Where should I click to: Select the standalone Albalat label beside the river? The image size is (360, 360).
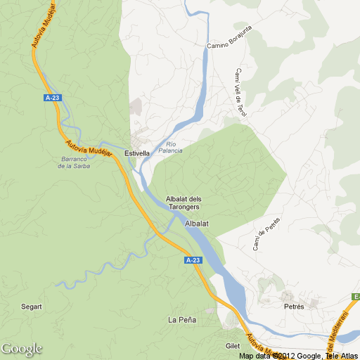(198, 224)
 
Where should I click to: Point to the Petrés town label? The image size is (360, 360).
(294, 307)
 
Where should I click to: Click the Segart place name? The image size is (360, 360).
(32, 307)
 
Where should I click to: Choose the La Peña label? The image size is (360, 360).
(182, 320)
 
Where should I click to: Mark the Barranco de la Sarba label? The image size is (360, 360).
(75, 162)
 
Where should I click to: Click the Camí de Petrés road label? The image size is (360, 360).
(266, 234)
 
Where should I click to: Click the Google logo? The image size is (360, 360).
(21, 349)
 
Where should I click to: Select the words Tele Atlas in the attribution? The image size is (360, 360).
(341, 356)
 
